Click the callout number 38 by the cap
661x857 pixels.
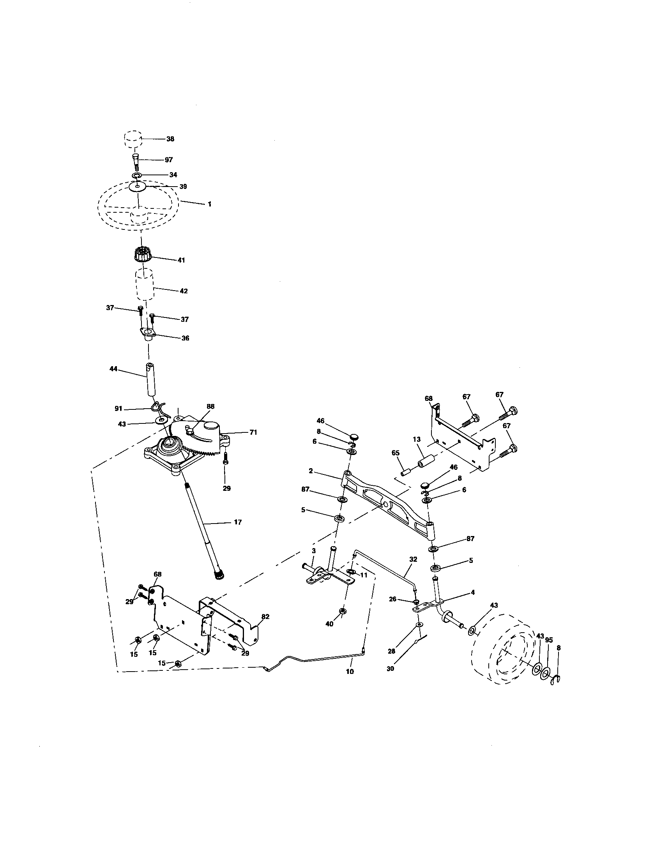point(170,139)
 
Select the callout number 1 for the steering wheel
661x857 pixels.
point(209,204)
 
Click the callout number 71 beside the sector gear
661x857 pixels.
point(253,432)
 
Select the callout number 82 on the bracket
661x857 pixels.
point(265,617)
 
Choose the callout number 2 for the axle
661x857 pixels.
point(311,471)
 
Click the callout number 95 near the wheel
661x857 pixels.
point(549,640)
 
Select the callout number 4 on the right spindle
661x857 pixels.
point(473,592)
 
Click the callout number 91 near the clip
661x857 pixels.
point(118,409)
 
